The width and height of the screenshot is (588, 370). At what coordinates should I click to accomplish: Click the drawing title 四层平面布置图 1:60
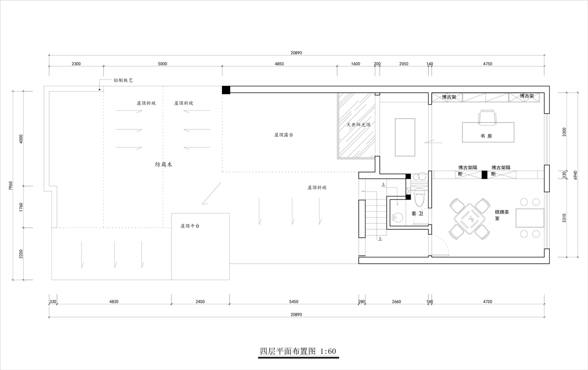point(298,351)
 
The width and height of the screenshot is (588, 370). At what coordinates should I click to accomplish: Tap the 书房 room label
point(486,136)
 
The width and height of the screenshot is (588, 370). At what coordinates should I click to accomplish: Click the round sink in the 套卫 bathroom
point(398,218)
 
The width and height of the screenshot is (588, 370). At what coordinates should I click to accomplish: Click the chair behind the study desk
point(487,117)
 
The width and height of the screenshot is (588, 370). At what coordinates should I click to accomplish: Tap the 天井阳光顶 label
point(358,125)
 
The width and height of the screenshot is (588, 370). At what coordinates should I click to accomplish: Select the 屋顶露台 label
point(284,135)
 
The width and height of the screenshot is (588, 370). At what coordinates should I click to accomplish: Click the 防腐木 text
point(164,165)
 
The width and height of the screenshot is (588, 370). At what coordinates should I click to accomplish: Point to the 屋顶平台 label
point(190,226)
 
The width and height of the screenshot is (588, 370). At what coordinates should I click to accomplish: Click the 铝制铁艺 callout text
point(123,80)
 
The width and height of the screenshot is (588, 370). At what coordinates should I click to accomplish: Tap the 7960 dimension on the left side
point(10,186)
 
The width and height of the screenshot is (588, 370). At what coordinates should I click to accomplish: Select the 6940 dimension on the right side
point(575,175)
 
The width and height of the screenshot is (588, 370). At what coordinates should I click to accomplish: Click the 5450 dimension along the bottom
point(294,302)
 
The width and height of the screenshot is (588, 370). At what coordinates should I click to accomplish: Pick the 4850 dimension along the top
point(279,64)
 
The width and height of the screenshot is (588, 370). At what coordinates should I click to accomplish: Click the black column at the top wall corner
point(226,90)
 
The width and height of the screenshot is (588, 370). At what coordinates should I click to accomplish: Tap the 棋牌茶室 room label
point(502,215)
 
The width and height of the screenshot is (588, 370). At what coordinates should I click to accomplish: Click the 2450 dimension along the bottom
point(200,302)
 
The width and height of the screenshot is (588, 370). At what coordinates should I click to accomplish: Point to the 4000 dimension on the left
point(21,139)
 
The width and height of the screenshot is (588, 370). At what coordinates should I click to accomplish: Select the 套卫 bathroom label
point(417,214)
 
